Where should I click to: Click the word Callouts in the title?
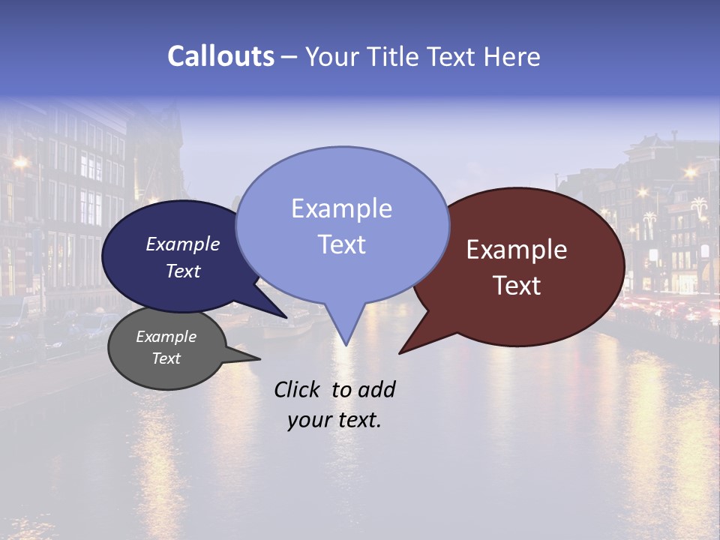point(220,56)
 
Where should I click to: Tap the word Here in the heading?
point(512,56)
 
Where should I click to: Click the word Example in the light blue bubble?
point(341,208)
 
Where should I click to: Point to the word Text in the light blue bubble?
point(341,244)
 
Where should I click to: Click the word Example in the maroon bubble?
point(517,250)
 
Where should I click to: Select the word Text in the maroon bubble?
point(517,286)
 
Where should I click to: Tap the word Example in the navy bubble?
point(183,244)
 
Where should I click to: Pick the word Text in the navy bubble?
point(183,271)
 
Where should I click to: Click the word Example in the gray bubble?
point(166,337)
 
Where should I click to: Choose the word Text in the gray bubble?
point(166,358)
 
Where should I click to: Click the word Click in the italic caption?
point(298,389)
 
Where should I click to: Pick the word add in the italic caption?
point(376,389)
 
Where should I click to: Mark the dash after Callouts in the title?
point(289,56)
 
